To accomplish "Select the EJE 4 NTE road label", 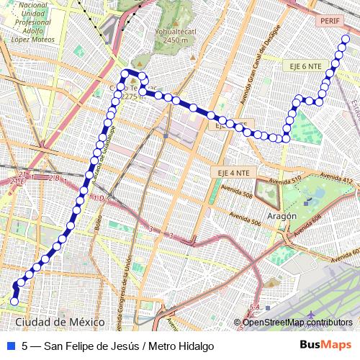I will point(233,173).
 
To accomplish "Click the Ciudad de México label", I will point(60,322).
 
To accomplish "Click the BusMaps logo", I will point(325,346).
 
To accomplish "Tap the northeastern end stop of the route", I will point(346,40).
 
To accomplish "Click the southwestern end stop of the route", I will point(14,301).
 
